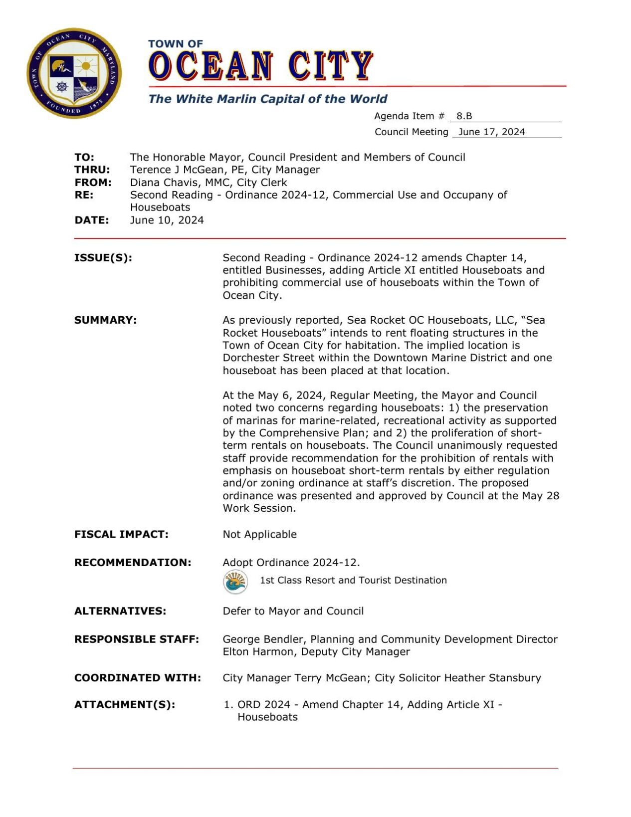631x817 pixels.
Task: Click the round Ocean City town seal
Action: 74,73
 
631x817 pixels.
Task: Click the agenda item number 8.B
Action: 464,116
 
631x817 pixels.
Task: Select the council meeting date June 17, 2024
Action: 491,132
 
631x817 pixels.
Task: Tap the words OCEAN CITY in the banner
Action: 260,66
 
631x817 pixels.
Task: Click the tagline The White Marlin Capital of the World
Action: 267,99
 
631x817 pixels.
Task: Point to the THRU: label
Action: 92,170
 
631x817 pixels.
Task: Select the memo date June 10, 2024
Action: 167,220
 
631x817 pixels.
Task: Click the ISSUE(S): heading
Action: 103,258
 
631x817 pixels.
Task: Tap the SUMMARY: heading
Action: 105,320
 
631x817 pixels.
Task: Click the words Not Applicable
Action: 259,535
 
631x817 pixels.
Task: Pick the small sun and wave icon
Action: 235,582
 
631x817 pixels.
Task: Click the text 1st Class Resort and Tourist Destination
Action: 353,581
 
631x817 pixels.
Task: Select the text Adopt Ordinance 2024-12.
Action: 291,563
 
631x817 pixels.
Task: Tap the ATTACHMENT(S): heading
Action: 125,705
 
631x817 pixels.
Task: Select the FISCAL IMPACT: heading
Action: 121,535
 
